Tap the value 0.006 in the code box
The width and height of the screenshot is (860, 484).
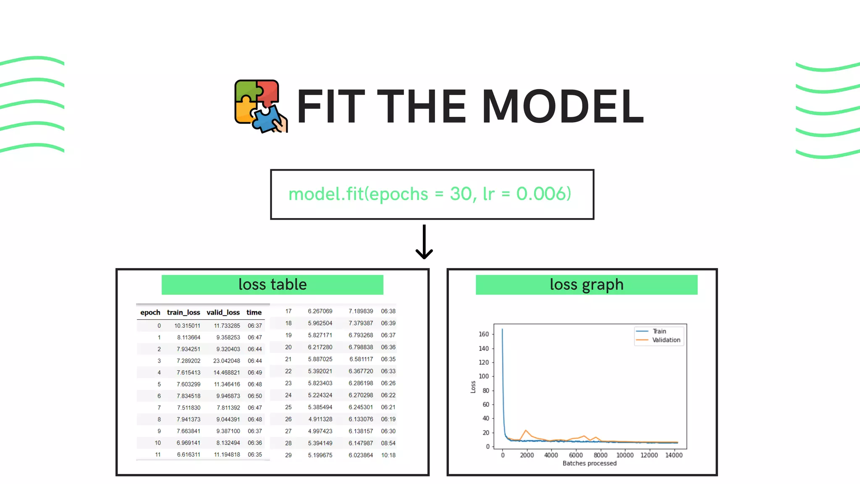[543, 194]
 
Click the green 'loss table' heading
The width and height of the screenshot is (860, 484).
[272, 285]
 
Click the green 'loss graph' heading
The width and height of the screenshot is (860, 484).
[586, 285]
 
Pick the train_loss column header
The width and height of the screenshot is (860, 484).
[184, 313]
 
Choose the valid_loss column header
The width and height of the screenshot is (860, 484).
[223, 313]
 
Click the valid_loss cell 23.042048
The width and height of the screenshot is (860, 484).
[226, 361]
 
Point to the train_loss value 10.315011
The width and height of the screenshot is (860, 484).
[187, 326]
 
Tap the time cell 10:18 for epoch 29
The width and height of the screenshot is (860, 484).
[388, 455]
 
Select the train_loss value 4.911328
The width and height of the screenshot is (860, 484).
[320, 419]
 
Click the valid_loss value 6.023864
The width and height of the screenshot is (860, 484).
[361, 455]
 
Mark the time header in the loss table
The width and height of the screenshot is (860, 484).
[254, 313]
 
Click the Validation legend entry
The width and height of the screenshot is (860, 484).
[666, 340]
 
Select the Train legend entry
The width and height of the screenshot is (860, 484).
[659, 331]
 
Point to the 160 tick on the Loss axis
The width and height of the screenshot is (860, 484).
[484, 334]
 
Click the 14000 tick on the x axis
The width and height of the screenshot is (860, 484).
[674, 455]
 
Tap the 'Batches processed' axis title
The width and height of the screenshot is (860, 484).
[590, 463]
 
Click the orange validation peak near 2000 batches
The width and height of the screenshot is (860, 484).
[526, 431]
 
